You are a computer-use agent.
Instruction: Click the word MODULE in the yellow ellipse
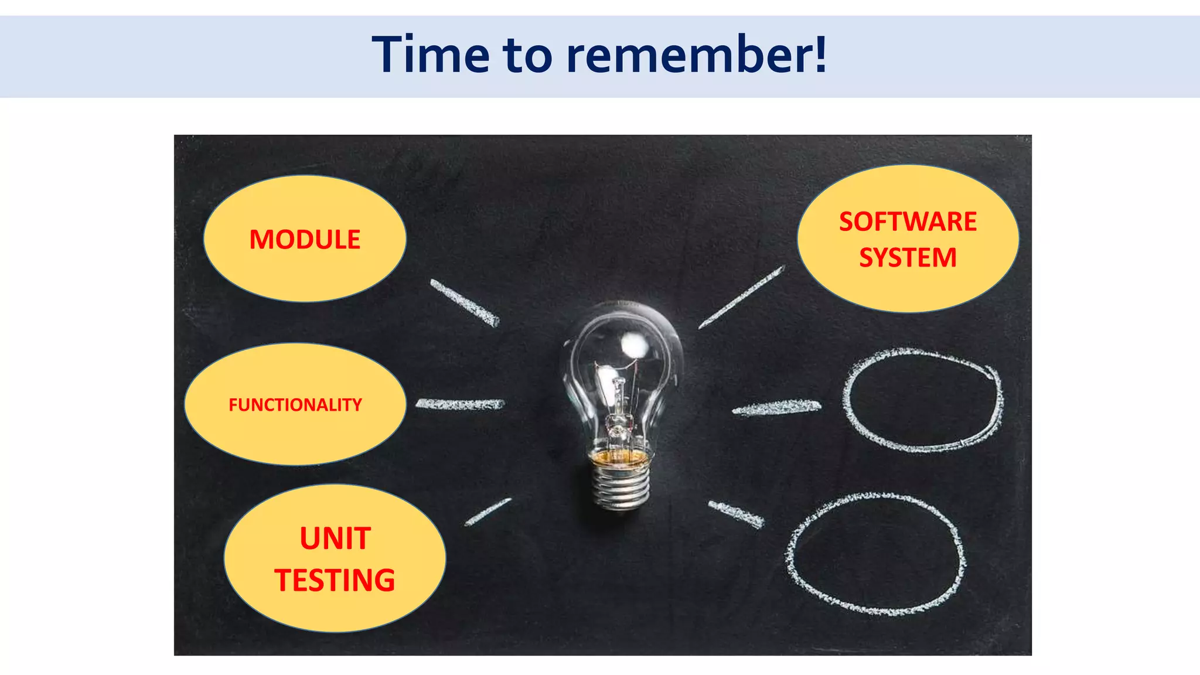[x=305, y=240]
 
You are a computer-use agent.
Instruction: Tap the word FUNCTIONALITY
[x=295, y=405]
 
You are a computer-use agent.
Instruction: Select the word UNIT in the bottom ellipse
[x=335, y=538]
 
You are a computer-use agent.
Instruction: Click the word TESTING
[x=335, y=581]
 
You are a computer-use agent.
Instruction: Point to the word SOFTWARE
[x=908, y=222]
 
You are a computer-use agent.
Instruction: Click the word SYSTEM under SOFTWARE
[x=908, y=258]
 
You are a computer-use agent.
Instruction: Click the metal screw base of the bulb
[x=621, y=483]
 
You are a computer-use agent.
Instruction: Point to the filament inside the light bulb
[x=619, y=398]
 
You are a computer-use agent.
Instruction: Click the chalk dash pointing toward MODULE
[x=465, y=302]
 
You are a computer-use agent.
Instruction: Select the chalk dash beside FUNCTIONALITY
[x=460, y=404]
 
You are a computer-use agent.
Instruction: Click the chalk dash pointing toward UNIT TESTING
[x=487, y=512]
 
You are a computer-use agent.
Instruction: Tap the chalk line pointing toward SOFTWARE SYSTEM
[x=742, y=297]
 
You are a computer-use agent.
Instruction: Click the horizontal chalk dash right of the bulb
[x=777, y=407]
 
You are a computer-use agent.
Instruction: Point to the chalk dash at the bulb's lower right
[x=737, y=514]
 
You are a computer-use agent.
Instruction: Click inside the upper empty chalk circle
[x=922, y=401]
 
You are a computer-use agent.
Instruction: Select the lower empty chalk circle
[x=876, y=554]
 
